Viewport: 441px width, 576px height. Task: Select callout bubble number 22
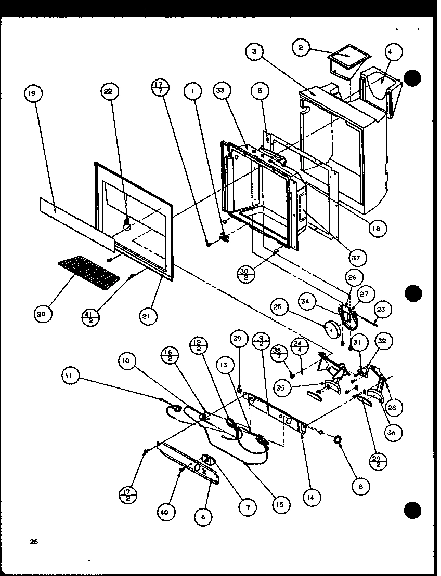(x=109, y=92)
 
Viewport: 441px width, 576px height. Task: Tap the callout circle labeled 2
(x=300, y=48)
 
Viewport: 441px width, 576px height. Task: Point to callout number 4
(x=393, y=52)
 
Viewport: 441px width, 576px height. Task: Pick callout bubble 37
(x=358, y=257)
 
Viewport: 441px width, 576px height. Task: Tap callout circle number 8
(x=361, y=486)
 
